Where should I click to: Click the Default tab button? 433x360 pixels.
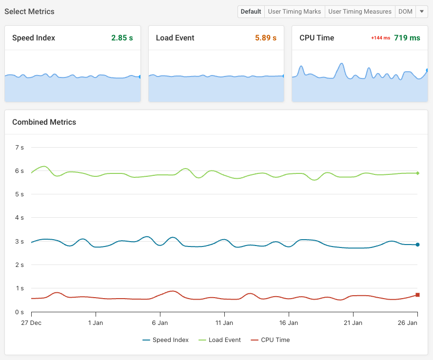pos(251,12)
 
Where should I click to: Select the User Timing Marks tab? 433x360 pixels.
pos(295,12)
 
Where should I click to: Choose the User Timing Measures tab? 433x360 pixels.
pos(360,12)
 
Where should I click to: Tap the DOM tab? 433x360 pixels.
pos(405,12)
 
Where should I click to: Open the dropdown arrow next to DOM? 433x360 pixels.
pos(422,12)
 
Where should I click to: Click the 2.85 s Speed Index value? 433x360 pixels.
pos(122,38)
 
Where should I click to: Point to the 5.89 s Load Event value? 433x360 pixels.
pos(266,38)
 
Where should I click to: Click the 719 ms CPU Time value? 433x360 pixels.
pos(407,38)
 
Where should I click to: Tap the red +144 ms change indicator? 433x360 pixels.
pos(380,38)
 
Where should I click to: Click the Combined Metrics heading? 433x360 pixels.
pos(44,122)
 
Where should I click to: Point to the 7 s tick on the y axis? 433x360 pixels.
pos(20,147)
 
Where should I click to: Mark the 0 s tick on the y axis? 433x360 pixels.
pos(20,312)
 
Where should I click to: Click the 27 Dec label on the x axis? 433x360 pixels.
pos(31,322)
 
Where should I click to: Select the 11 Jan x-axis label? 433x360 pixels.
pos(224,322)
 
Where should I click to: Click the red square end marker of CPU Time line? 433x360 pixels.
pos(417,295)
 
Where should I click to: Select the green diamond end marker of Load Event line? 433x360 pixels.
pos(417,173)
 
